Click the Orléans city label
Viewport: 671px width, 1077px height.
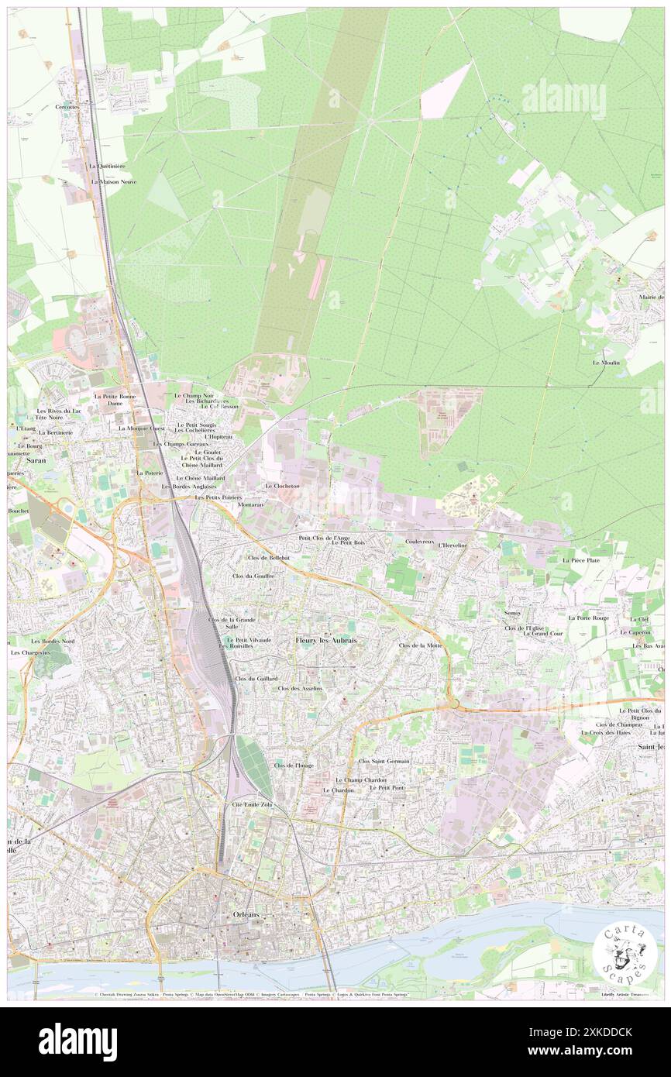pyautogui.click(x=247, y=914)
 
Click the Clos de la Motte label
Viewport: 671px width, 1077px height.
pyautogui.click(x=420, y=645)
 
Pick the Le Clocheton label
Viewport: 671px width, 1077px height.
pyautogui.click(x=282, y=486)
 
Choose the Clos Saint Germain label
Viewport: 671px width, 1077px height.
pyautogui.click(x=384, y=762)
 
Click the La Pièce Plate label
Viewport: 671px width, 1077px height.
pyautogui.click(x=581, y=559)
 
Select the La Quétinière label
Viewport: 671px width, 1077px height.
pyautogui.click(x=107, y=166)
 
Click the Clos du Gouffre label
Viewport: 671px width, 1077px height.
pyautogui.click(x=253, y=576)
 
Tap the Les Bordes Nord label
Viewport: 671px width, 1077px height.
pyautogui.click(x=53, y=642)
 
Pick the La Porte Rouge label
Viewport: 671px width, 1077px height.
pyautogui.click(x=588, y=618)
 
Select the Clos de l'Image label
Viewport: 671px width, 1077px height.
pyautogui.click(x=293, y=765)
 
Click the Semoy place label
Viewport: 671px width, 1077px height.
pyautogui.click(x=511, y=613)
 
